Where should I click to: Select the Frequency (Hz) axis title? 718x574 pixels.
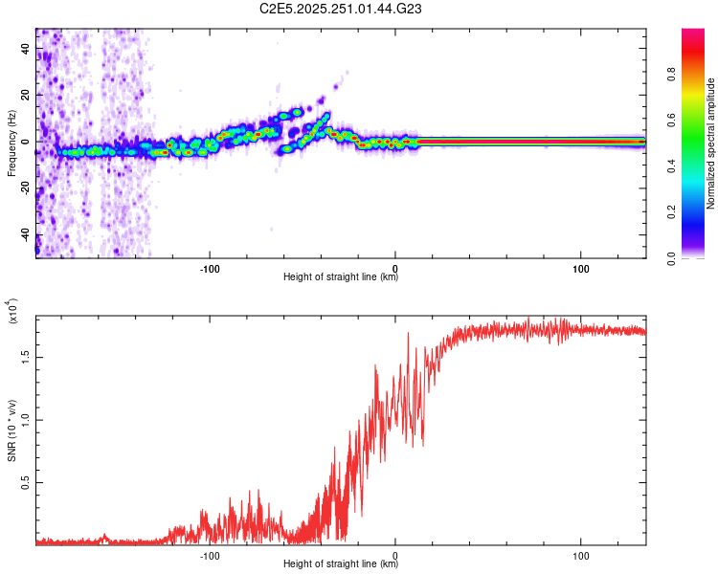click(x=11, y=143)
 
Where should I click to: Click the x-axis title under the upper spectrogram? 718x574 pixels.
click(x=341, y=276)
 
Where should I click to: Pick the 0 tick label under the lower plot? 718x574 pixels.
click(x=396, y=553)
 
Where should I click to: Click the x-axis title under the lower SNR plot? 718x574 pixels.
click(x=341, y=564)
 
